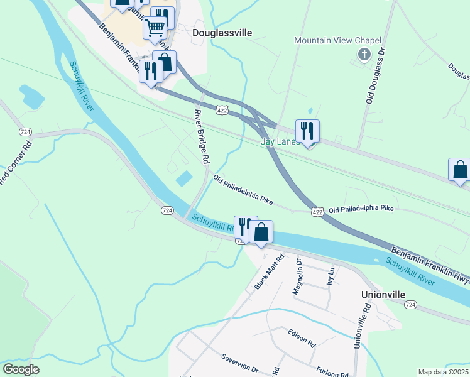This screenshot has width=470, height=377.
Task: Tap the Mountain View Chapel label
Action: (338, 41)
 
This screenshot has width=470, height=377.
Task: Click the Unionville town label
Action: (383, 294)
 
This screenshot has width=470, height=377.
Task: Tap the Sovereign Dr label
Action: (239, 363)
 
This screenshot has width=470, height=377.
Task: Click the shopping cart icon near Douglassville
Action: (155, 27)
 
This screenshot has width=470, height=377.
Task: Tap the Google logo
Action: (21, 369)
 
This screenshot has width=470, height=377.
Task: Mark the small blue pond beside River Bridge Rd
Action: (185, 179)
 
